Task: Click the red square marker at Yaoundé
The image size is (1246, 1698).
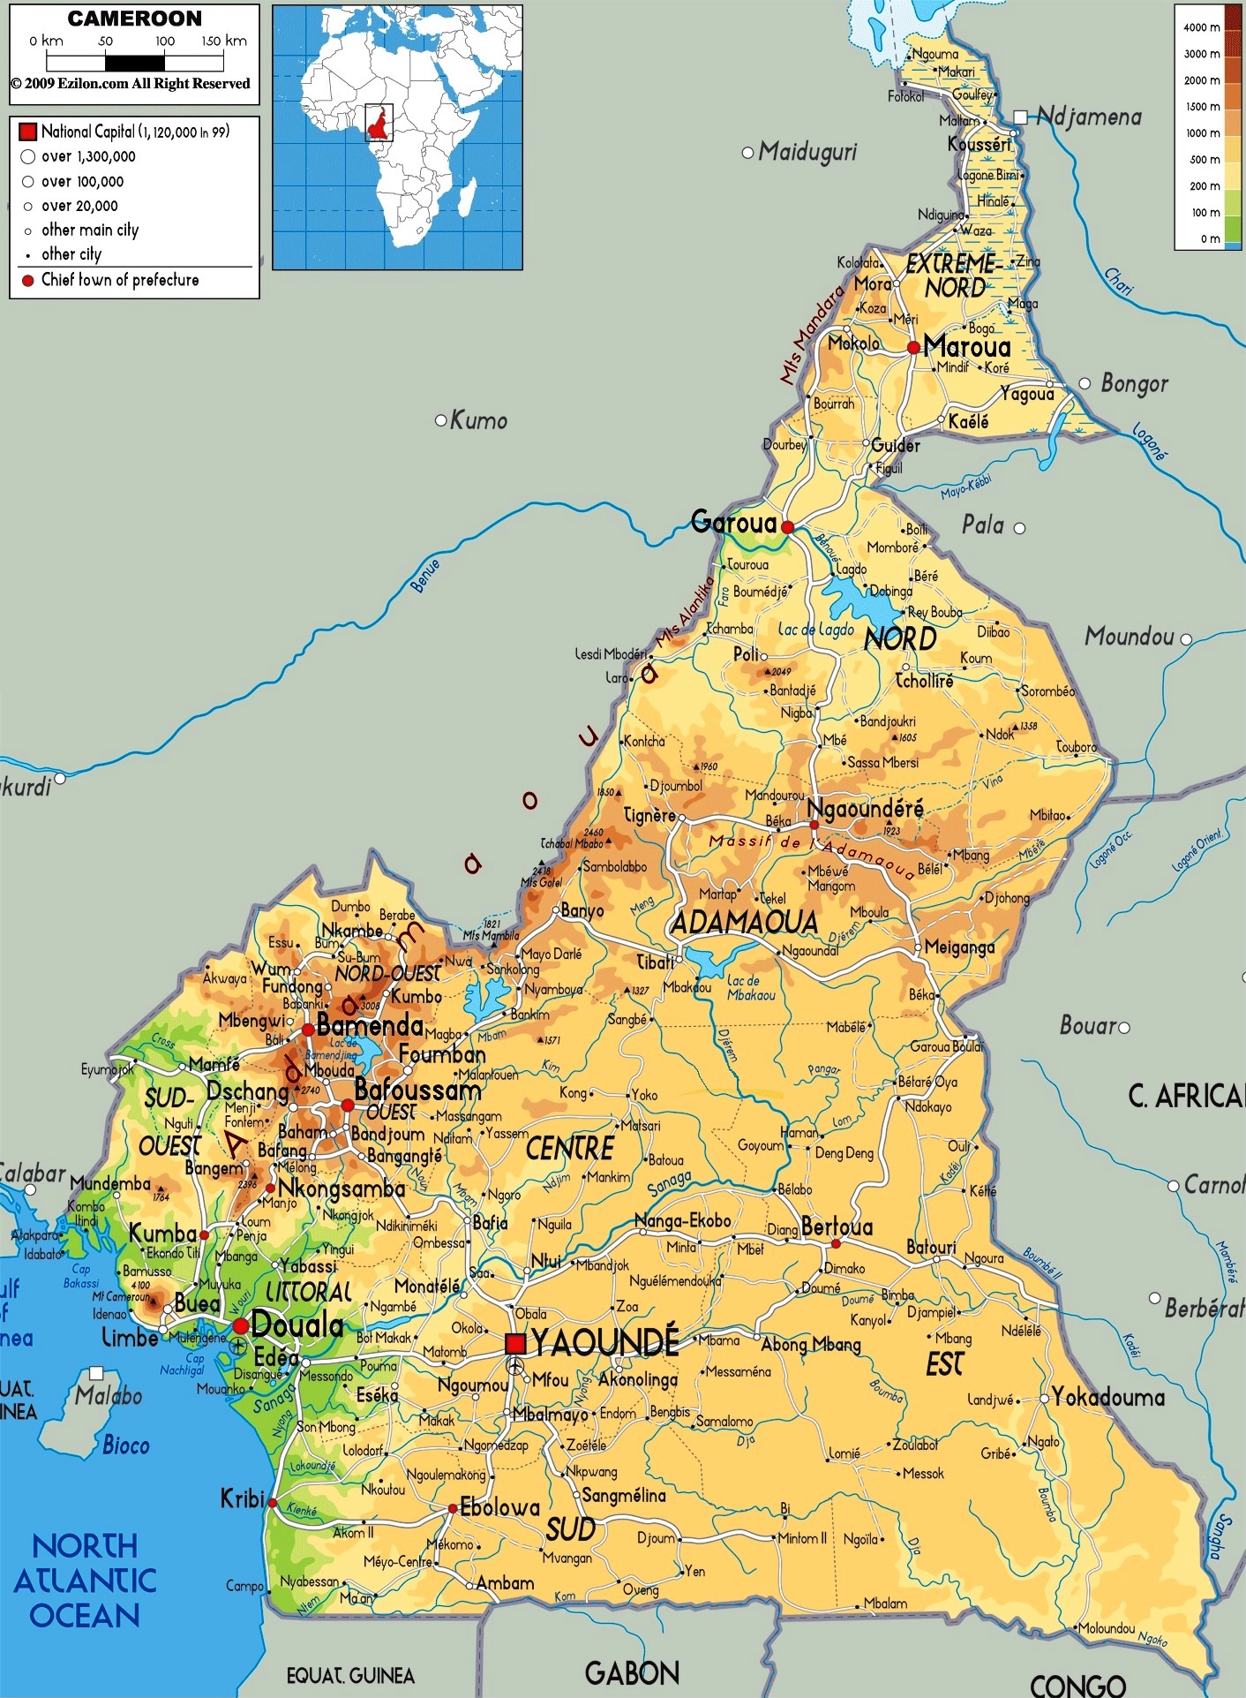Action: (515, 1344)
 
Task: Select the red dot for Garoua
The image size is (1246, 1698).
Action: (787, 527)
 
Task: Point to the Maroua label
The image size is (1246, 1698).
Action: (967, 347)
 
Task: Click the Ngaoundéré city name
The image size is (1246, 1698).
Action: (866, 809)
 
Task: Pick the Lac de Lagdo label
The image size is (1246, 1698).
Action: (815, 630)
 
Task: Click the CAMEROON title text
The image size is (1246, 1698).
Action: (134, 19)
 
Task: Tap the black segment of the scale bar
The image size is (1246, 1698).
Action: (134, 63)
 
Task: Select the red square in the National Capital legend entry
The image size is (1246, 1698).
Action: (27, 132)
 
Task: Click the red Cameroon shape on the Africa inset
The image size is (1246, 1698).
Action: (379, 124)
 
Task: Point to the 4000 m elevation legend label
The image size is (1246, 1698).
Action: (1201, 27)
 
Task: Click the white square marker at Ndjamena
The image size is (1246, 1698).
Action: (1020, 117)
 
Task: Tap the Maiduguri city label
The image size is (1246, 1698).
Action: (807, 152)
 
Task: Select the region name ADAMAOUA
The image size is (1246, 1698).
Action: (744, 924)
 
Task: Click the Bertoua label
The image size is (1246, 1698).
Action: (837, 1226)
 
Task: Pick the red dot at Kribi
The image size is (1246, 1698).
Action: (272, 1502)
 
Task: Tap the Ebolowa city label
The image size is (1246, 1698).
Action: (499, 1507)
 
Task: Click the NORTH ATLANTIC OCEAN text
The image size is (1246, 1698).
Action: (85, 1581)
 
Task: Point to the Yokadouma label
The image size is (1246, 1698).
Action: (1108, 1397)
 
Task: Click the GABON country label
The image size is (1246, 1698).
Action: (632, 1672)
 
